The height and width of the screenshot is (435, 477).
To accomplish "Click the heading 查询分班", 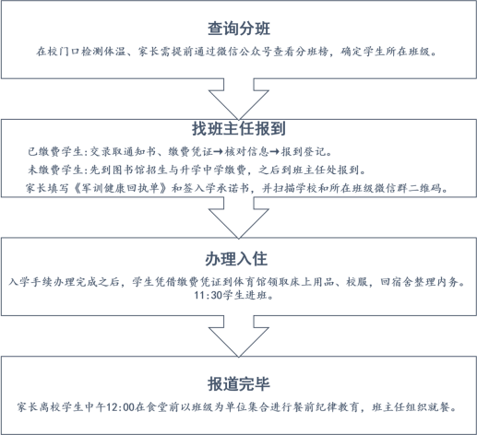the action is (239, 29).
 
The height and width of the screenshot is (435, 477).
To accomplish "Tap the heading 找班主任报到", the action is (239, 128).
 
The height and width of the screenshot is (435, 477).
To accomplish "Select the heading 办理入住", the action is (236, 259).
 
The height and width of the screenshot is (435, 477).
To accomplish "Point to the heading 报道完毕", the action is (239, 384).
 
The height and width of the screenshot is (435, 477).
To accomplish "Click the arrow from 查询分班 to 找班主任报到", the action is (239, 100).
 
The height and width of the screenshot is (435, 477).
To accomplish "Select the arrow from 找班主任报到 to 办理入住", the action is (239, 218).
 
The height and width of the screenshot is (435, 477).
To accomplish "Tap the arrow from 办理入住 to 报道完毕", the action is (239, 336).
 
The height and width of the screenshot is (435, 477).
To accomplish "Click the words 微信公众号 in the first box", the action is (244, 52).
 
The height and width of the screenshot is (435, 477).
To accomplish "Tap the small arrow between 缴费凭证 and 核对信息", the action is (218, 152).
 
